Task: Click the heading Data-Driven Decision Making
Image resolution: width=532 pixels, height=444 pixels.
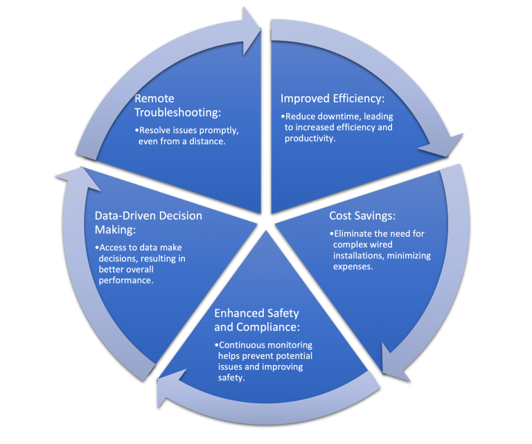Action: pyautogui.click(x=148, y=223)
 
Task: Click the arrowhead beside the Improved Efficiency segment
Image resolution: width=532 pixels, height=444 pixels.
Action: pyautogui.click(x=443, y=146)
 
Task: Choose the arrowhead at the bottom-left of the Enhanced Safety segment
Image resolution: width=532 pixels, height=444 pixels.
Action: pyautogui.click(x=170, y=391)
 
